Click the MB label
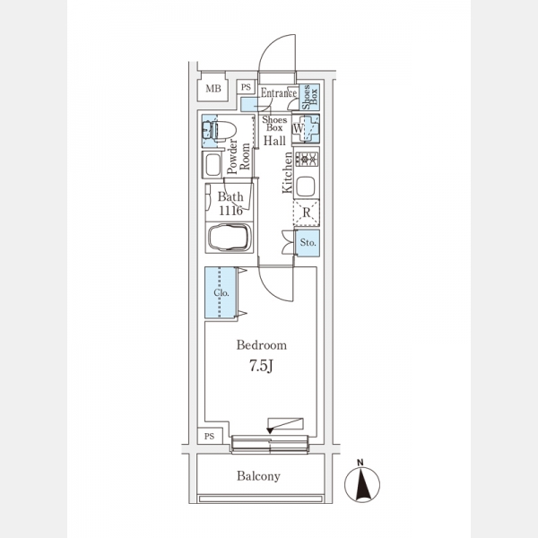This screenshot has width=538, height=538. pos(213,88)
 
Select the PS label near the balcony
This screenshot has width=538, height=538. pos(210,436)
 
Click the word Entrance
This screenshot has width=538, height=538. pos(278,91)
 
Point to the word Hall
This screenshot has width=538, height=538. pos(274,141)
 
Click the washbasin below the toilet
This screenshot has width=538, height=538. pos(214,166)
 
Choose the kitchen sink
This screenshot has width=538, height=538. pos(307,187)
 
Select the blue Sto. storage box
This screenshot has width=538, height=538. pos(308,242)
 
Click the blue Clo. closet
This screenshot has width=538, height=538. pos(221,292)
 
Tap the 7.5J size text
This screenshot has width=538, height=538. pos(261,365)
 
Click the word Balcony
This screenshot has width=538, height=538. pos(259,477)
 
